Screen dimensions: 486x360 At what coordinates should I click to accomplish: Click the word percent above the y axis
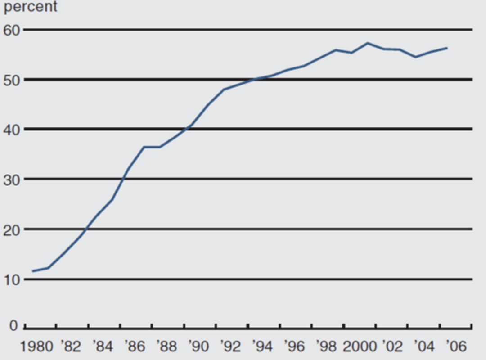pyautogui.click(x=31, y=6)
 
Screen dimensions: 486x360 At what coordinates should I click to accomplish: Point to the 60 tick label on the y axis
pyautogui.click(x=11, y=30)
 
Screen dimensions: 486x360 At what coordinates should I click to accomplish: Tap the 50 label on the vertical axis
pyautogui.click(x=11, y=80)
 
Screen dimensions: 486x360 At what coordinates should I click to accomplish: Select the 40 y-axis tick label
pyautogui.click(x=11, y=129)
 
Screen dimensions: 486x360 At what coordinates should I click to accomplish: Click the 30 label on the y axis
pyautogui.click(x=11, y=179)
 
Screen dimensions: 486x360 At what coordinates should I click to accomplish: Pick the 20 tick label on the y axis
pyautogui.click(x=11, y=230)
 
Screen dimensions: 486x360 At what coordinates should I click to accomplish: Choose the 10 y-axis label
pyautogui.click(x=11, y=280)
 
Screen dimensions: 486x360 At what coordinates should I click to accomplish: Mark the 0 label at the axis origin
pyautogui.click(x=13, y=326)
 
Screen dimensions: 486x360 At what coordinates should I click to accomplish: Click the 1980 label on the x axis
pyautogui.click(x=36, y=346)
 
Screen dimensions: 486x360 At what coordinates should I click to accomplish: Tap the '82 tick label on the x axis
pyautogui.click(x=71, y=346)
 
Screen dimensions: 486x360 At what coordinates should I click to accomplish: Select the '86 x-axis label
pyautogui.click(x=135, y=346)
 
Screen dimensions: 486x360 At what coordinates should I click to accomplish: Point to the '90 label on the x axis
pyautogui.click(x=199, y=346)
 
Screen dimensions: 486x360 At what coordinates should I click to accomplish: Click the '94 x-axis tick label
pyautogui.click(x=262, y=346)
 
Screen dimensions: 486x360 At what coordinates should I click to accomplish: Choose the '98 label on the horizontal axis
pyautogui.click(x=326, y=346)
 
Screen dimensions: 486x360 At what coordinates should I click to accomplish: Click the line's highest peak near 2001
pyautogui.click(x=368, y=43)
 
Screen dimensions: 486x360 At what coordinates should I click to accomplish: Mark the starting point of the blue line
pyautogui.click(x=33, y=271)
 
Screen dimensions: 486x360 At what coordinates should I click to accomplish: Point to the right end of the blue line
pyautogui.click(x=447, y=48)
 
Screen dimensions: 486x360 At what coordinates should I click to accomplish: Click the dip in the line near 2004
pyautogui.click(x=415, y=57)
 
